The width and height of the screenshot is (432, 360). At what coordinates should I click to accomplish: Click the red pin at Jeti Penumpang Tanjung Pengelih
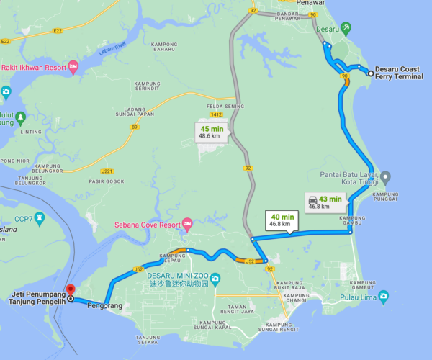coord(71,291)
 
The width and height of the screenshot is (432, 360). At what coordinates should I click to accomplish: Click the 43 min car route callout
coord(320,202)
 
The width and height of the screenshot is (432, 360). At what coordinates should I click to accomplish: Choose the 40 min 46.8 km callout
coord(282,220)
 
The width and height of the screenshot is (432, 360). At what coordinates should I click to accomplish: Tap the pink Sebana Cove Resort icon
coord(188,224)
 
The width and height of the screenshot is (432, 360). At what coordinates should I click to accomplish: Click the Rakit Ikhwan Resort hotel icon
coord(74,68)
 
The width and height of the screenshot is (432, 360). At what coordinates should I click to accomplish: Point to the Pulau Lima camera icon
coord(384,296)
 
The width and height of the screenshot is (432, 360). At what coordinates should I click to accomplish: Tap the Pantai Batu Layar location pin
coord(385,176)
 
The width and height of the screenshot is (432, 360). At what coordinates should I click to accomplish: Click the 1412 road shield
coord(215,114)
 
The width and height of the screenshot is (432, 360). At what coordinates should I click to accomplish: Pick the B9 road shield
coord(134,127)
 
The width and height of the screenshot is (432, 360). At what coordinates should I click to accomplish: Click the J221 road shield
coord(107,171)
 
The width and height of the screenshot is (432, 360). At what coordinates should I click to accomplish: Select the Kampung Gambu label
coord(353,222)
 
